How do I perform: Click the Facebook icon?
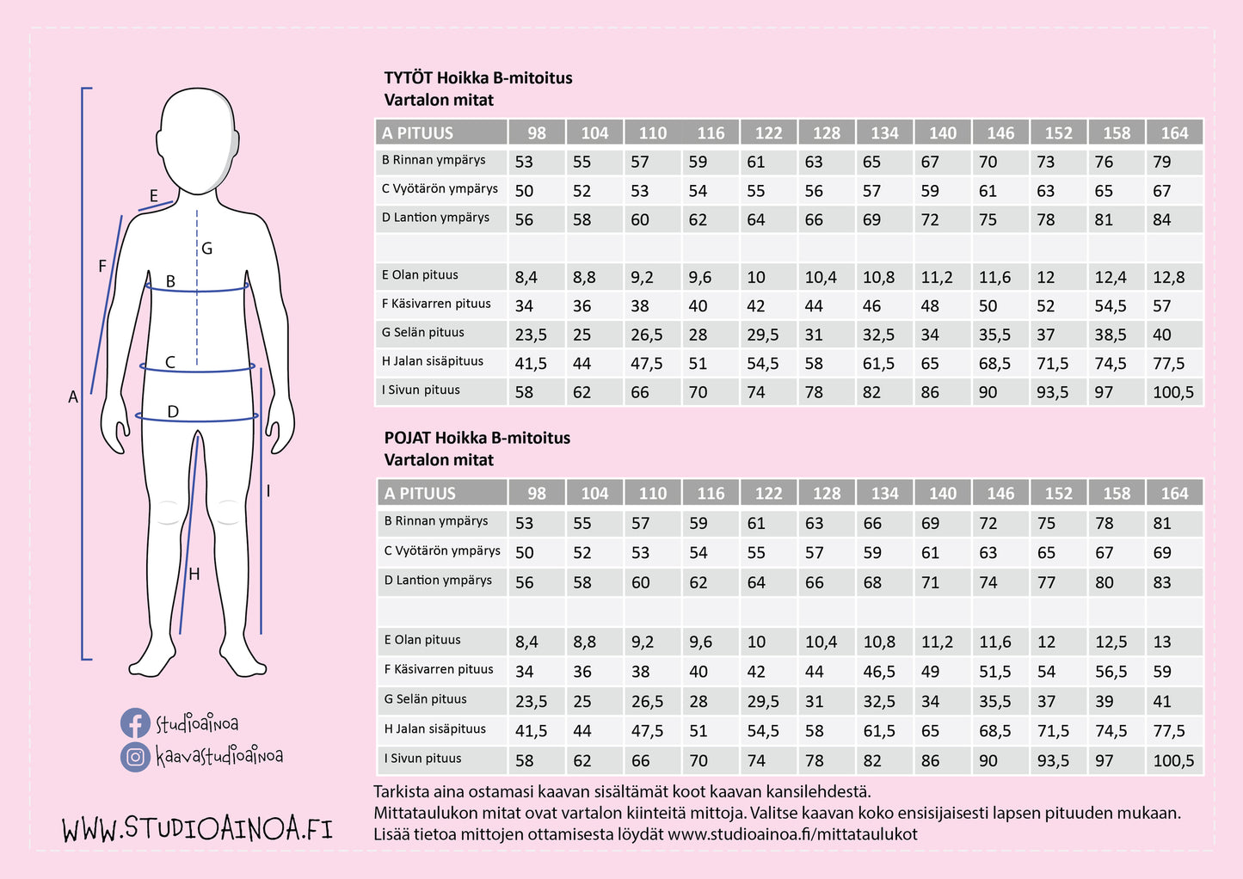(x=135, y=723)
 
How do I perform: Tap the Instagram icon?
(x=135, y=757)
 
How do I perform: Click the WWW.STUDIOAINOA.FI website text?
(x=197, y=828)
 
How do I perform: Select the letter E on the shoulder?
(x=154, y=196)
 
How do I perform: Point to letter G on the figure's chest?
(x=207, y=249)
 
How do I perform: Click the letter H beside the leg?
(x=194, y=575)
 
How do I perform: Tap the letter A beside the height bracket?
(x=73, y=397)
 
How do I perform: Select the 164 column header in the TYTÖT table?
(x=1174, y=133)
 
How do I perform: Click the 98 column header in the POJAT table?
(x=537, y=494)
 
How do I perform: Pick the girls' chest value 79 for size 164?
(x=1162, y=162)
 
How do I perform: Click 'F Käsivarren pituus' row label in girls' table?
(x=437, y=304)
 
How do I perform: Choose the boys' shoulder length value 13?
(x=1162, y=642)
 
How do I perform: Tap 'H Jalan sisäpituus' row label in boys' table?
(x=435, y=729)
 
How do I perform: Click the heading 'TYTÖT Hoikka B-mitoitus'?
(x=478, y=78)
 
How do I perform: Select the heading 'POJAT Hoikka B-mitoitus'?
(x=477, y=438)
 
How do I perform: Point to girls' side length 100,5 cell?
(x=1173, y=392)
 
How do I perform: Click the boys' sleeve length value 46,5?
(x=879, y=672)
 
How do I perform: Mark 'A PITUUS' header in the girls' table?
(x=418, y=133)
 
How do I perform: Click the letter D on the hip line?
(x=173, y=412)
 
